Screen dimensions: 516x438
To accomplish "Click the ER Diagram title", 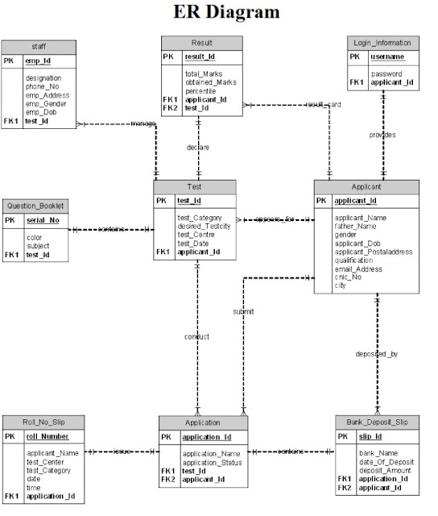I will click(x=226, y=12).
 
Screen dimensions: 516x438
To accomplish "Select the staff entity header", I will click(x=39, y=46).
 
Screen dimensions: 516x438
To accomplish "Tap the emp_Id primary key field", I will click(x=39, y=60).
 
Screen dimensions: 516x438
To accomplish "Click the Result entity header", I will click(x=201, y=42).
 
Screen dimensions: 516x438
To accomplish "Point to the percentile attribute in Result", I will click(x=201, y=91).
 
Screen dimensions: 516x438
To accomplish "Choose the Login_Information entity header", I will click(x=382, y=43).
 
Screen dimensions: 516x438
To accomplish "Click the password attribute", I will click(x=386, y=73).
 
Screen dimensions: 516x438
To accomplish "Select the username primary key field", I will click(x=387, y=57).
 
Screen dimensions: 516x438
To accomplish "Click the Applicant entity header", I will click(x=366, y=186).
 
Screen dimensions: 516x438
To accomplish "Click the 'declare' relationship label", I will click(x=198, y=148).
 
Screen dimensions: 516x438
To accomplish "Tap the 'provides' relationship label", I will click(x=382, y=135).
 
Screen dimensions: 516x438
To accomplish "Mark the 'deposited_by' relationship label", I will click(x=376, y=353).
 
